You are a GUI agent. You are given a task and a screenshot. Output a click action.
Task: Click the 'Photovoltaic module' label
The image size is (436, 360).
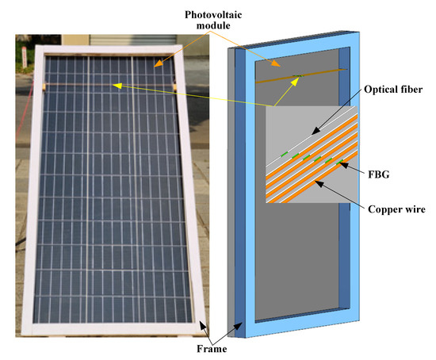tap(215, 21)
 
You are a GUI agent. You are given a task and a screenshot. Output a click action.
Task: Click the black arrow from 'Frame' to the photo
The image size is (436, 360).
tap(207, 329)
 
